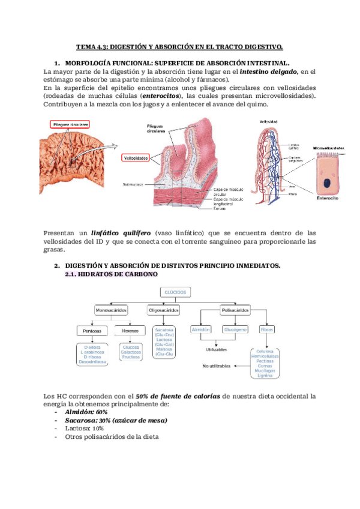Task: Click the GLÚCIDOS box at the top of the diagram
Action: pyautogui.click(x=174, y=292)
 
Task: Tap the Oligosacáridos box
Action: pyautogui.click(x=163, y=310)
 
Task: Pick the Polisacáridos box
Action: pyautogui.click(x=235, y=310)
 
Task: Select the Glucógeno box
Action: pyautogui.click(x=235, y=330)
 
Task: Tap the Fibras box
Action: pyautogui.click(x=267, y=330)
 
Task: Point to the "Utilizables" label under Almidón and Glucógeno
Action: pyautogui.click(x=216, y=348)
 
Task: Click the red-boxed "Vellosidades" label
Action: pyautogui.click(x=136, y=158)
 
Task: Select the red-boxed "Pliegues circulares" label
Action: pyautogui.click(x=71, y=124)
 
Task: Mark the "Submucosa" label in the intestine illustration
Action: pyautogui.click(x=133, y=184)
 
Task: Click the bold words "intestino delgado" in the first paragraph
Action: pyautogui.click(x=268, y=71)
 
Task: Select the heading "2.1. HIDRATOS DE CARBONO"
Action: pyautogui.click(x=110, y=274)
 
